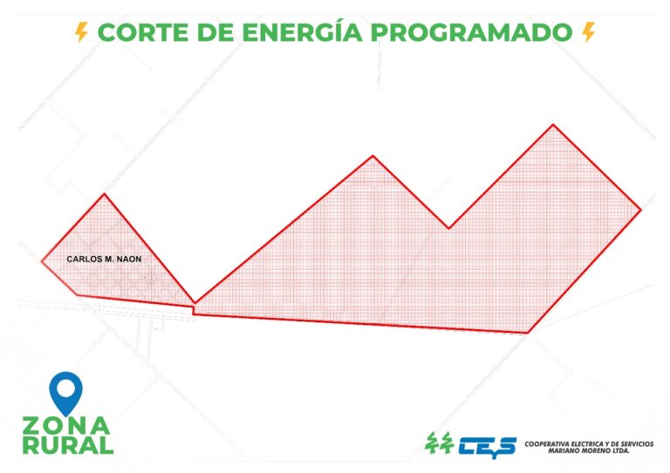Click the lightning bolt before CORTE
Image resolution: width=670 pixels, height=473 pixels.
tap(82, 32)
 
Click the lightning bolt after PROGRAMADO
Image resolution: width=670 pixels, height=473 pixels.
tap(588, 32)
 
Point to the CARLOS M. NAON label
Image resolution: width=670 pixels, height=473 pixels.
tap(104, 259)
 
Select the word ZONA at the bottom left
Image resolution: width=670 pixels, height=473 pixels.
tap(66, 426)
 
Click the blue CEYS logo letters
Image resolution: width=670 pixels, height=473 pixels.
tap(484, 445)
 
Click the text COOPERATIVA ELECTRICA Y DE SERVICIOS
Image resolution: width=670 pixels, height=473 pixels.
tap(588, 443)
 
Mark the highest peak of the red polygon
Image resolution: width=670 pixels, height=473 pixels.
tap(553, 125)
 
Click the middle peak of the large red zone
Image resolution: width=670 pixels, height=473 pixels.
tap(373, 156)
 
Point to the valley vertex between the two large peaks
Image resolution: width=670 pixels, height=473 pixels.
tap(449, 228)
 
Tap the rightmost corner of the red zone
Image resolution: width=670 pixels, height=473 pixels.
tap(641, 210)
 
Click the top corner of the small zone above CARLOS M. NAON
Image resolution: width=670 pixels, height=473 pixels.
tap(105, 193)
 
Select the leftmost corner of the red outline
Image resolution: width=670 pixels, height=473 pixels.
tap(42, 260)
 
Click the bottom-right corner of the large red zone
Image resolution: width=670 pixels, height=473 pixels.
tap(529, 333)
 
